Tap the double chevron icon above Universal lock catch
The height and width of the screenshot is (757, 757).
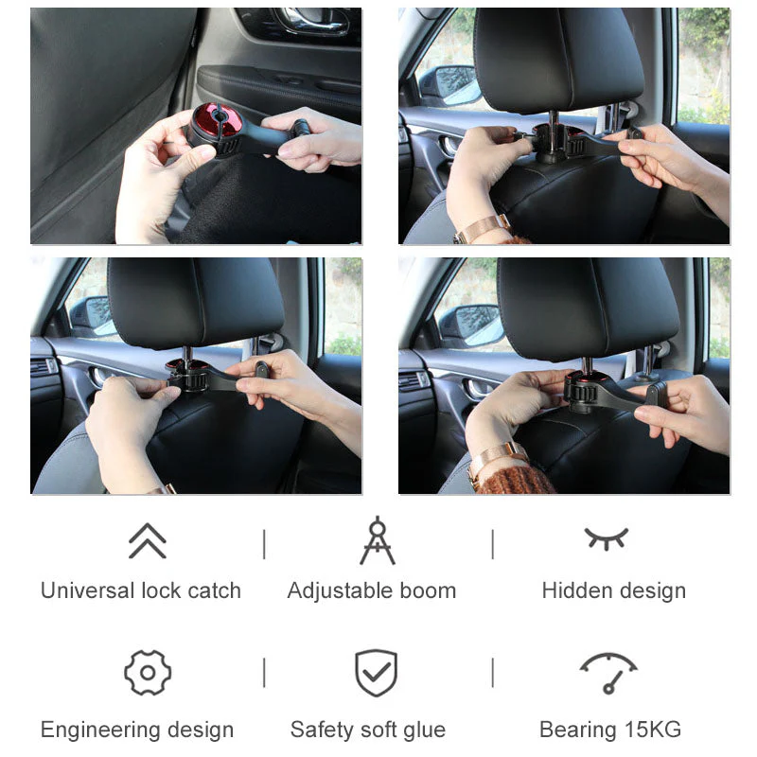coord(147,540)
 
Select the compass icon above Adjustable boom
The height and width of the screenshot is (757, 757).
coord(377,540)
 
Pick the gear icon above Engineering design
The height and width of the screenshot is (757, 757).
coord(148,673)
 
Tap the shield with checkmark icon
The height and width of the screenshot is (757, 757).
coord(376,673)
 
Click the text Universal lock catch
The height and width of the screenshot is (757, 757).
coord(141,591)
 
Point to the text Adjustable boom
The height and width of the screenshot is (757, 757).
coord(372,591)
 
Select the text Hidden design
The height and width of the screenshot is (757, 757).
coord(613,591)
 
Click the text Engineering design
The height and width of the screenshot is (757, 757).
coord(137,731)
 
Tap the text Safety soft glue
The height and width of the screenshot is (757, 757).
coord(368,731)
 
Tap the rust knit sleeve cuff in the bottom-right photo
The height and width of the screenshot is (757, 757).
coord(516,478)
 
